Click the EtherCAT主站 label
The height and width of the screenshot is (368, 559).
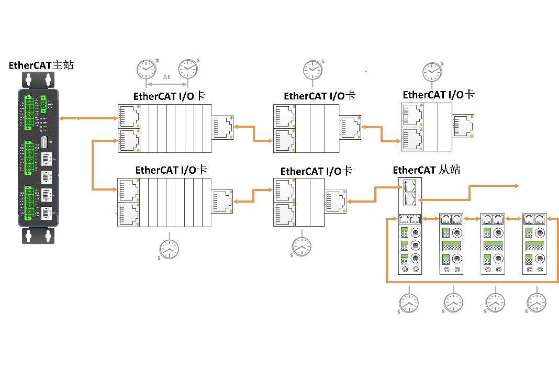click(x=41, y=65)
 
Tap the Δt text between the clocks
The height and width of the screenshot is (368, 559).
click(x=166, y=77)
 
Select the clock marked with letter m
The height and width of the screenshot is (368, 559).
click(x=146, y=69)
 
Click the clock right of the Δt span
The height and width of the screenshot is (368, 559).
click(x=187, y=69)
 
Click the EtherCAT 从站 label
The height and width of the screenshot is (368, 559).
click(x=427, y=170)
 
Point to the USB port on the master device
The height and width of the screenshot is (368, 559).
click(x=45, y=142)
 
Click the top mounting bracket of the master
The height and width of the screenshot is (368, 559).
click(x=38, y=80)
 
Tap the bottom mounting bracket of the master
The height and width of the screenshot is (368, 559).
click(x=38, y=236)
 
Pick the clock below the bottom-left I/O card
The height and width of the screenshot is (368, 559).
click(x=169, y=249)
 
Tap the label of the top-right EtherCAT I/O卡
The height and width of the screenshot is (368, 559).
click(x=438, y=95)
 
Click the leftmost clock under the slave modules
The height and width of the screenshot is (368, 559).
click(x=409, y=303)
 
